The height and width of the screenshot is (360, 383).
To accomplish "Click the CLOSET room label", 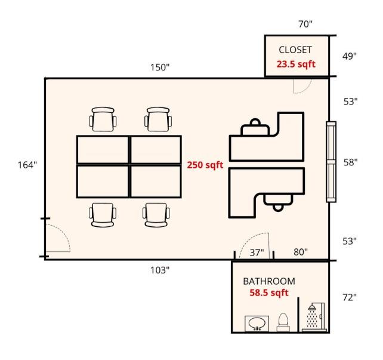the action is (295, 50).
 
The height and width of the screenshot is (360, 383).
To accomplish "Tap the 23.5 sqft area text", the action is (296, 64).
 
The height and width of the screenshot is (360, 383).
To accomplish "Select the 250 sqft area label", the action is (205, 165).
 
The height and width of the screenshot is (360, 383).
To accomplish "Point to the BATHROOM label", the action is (269, 281).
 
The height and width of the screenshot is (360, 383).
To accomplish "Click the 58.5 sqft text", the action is (269, 293).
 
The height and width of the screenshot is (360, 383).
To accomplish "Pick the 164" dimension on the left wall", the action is (27, 165).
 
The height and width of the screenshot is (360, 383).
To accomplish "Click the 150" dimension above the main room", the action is (160, 67).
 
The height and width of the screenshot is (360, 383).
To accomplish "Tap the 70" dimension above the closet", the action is (305, 24).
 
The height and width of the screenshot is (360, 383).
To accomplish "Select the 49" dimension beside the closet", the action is (349, 56).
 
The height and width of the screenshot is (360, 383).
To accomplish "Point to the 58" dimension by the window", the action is (351, 162).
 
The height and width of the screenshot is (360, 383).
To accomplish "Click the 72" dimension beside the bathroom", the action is (350, 297).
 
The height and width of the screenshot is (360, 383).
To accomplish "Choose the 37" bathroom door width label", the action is (257, 253).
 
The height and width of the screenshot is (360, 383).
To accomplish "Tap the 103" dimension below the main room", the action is (160, 270).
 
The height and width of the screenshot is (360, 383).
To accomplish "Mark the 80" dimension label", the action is (301, 252).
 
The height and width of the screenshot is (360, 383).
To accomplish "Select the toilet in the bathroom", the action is (283, 322).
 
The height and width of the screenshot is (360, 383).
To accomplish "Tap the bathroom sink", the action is (257, 324).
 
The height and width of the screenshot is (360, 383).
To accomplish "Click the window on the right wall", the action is (331, 162).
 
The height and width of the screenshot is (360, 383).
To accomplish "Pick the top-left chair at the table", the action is (103, 119).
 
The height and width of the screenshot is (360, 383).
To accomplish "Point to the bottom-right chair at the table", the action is (156, 215).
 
